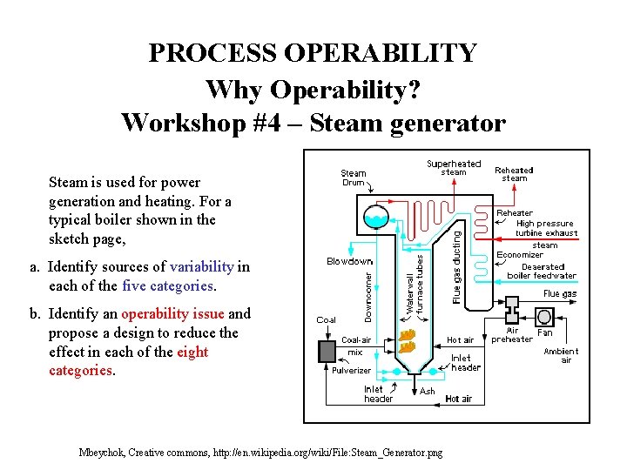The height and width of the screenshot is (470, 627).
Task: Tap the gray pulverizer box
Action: pos(328,352)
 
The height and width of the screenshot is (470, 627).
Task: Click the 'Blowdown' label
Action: pos(350,261)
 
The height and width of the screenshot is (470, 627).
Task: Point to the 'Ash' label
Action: pos(428,392)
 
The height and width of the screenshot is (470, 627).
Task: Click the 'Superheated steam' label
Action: pos(453,168)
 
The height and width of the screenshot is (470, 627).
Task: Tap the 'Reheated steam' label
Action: pos(514,174)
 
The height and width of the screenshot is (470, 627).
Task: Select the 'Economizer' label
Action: pos(520,255)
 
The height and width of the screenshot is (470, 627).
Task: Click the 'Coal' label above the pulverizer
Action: pos(326,320)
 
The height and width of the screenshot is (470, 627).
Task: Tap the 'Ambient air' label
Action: pos(561,355)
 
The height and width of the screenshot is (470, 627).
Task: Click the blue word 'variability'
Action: pos(202,267)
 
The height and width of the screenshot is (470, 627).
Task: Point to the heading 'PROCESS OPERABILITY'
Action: pos(313,53)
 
